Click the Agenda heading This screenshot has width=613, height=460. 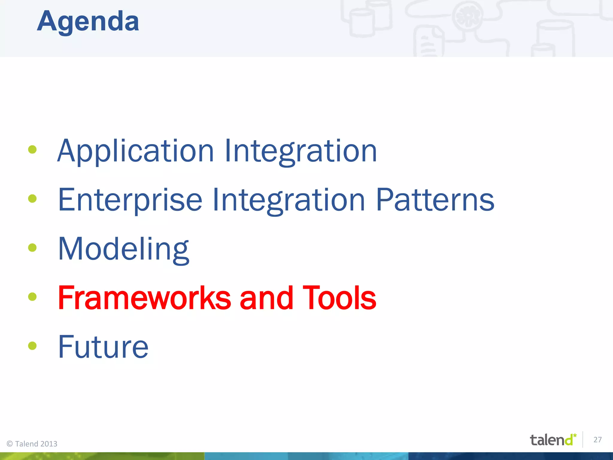click(88, 22)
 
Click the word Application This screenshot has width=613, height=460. click(135, 151)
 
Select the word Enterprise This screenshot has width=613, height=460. click(130, 200)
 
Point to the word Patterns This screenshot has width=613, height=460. click(435, 200)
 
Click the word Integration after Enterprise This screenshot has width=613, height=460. click(289, 200)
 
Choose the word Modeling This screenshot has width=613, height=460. click(123, 249)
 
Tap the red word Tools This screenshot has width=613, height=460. click(339, 298)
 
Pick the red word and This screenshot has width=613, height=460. click(266, 298)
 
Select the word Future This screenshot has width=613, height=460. click(103, 347)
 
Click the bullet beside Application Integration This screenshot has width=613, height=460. click(32, 149)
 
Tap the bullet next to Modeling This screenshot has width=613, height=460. click(32, 248)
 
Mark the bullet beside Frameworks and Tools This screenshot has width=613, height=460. click(32, 297)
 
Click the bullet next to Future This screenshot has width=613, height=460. click(32, 346)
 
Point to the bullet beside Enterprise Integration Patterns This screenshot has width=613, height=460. click(32, 199)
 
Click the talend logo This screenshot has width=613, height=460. click(553, 440)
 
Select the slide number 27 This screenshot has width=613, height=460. click(597, 440)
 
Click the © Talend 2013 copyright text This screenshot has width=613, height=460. click(32, 444)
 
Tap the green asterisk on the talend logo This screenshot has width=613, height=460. click(575, 435)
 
